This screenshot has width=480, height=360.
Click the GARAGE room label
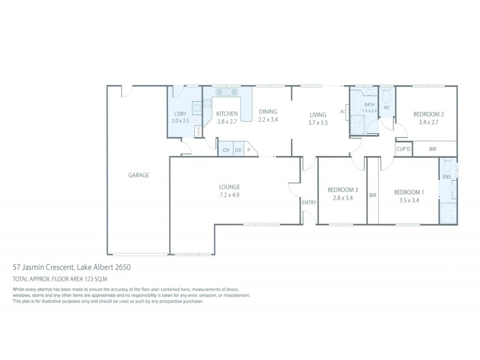point(138,175)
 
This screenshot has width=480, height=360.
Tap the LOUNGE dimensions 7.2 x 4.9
point(229,194)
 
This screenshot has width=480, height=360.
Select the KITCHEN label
point(227,113)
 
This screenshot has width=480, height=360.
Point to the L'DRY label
point(180,113)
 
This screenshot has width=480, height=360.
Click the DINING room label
point(268,112)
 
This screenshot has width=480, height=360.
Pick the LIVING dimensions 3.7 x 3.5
point(317,122)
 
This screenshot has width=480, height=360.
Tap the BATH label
point(369,104)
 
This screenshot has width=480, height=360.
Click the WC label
point(387,108)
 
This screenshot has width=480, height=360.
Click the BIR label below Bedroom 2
point(433,149)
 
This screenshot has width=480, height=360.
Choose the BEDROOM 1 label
point(409,192)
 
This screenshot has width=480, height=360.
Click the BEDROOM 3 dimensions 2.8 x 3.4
point(343,197)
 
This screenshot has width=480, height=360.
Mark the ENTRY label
point(309,202)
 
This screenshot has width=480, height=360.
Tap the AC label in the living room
point(343,112)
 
